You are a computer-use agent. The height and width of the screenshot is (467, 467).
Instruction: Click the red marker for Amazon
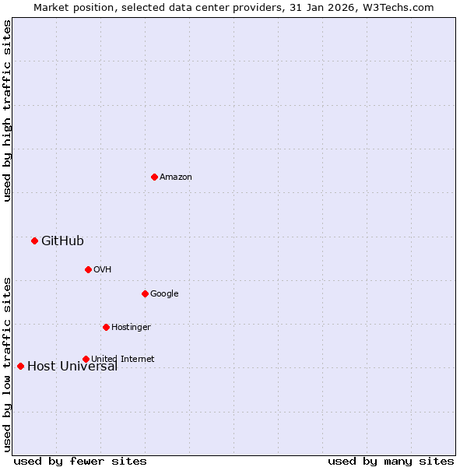click(x=154, y=177)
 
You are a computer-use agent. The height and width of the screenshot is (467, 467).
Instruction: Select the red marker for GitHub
click(x=34, y=241)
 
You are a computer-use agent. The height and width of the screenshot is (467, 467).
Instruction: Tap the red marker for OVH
click(x=88, y=269)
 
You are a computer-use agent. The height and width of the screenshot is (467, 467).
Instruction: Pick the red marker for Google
click(x=145, y=293)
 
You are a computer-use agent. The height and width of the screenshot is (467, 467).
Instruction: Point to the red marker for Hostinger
click(x=106, y=327)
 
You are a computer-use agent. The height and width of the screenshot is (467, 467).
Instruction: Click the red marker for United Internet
click(x=86, y=359)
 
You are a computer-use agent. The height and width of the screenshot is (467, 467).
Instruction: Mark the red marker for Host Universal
click(x=20, y=366)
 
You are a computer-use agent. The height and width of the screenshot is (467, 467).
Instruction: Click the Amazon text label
click(x=176, y=177)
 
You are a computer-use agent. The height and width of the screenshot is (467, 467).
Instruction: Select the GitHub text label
click(x=62, y=241)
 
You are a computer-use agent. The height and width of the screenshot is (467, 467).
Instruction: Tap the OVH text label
click(x=103, y=269)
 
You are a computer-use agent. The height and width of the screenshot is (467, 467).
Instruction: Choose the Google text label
click(x=164, y=293)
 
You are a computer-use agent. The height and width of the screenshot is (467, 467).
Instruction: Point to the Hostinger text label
click(x=131, y=327)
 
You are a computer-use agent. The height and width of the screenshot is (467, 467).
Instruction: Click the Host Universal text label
click(x=72, y=367)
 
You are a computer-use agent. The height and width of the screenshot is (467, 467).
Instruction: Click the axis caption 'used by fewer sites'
click(x=80, y=461)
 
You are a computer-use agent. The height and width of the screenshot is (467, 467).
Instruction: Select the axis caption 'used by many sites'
click(x=391, y=461)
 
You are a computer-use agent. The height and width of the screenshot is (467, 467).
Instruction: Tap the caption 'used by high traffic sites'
click(x=7, y=111)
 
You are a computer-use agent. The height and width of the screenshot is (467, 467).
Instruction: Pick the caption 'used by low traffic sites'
click(x=7, y=363)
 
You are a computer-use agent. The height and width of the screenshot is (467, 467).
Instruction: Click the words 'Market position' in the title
click(x=68, y=7)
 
